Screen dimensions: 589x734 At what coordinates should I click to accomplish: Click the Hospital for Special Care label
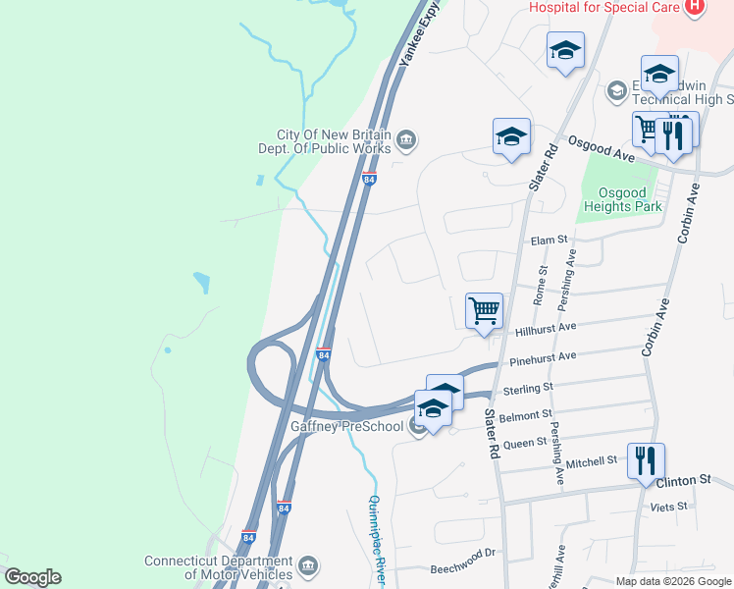[603, 8]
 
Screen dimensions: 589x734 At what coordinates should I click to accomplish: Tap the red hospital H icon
[695, 8]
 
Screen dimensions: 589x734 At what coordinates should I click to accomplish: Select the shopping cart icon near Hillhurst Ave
[484, 311]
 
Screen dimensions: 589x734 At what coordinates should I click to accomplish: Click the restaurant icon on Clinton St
[646, 461]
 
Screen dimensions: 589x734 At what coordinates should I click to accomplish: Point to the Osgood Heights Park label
[623, 199]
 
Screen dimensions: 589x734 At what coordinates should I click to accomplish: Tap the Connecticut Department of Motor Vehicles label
[218, 567]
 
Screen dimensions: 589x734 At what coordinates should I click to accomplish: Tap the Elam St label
[549, 240]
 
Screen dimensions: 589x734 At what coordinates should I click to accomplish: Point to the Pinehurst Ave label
[542, 360]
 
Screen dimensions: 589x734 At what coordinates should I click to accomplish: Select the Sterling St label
[528, 389]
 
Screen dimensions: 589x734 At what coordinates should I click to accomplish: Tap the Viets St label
[670, 507]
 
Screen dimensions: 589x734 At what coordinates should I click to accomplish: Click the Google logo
[32, 577]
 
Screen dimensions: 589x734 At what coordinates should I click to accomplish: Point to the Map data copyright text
[673, 581]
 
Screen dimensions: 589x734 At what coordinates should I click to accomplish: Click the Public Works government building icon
[406, 143]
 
